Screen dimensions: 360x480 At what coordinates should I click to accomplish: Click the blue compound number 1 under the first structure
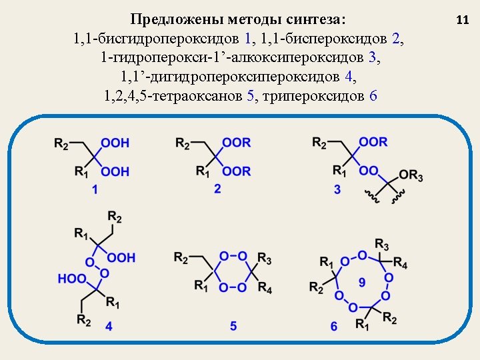(x=95, y=190)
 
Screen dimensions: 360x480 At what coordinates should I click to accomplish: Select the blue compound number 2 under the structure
(x=217, y=189)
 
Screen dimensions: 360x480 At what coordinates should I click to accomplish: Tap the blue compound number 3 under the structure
(x=337, y=190)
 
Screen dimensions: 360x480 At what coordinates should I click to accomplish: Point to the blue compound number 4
(x=109, y=327)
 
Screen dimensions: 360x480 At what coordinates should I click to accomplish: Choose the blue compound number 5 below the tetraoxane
(x=233, y=326)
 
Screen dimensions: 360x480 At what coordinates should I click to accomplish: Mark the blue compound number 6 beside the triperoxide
(x=333, y=326)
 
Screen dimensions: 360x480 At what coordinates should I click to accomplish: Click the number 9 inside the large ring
(x=362, y=283)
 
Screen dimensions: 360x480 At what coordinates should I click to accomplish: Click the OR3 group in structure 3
(x=411, y=175)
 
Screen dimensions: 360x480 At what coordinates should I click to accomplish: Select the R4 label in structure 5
(x=265, y=289)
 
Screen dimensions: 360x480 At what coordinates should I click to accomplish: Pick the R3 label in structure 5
(x=264, y=257)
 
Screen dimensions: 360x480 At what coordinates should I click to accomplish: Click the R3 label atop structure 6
(x=382, y=243)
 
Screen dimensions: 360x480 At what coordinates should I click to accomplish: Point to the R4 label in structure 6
(x=401, y=260)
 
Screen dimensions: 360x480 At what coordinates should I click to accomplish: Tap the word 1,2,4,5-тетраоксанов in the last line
(x=175, y=96)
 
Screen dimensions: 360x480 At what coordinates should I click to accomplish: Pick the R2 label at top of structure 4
(x=115, y=217)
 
